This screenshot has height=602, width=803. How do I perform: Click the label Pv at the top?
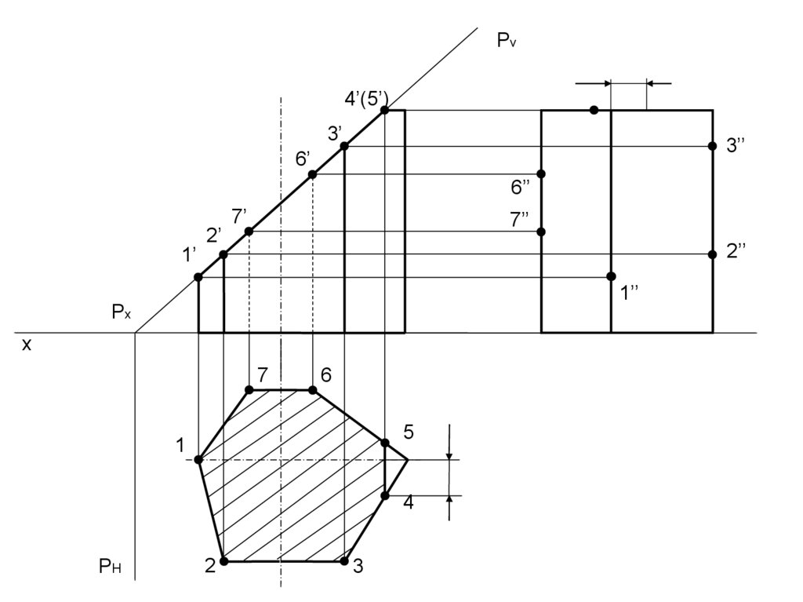(507, 41)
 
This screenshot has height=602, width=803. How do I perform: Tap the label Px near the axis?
(121, 312)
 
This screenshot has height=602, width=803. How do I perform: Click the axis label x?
(26, 344)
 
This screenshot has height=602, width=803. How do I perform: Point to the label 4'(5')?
(366, 97)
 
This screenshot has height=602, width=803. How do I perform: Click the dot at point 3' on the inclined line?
(344, 146)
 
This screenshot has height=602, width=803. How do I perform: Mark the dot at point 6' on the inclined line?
(312, 174)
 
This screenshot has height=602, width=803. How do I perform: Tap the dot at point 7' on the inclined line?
(249, 232)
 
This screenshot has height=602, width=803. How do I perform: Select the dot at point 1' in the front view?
(198, 277)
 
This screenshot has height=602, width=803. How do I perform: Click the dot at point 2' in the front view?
(223, 254)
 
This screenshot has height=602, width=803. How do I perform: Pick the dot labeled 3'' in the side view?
(712, 146)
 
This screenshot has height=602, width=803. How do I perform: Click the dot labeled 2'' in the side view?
(712, 254)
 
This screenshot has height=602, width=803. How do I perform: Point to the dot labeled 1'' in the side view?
(611, 276)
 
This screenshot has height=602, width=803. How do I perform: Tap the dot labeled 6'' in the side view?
(541, 173)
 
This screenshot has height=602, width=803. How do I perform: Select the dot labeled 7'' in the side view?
(541, 232)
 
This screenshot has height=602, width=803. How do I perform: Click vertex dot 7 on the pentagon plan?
(249, 390)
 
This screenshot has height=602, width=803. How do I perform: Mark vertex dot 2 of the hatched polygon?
(223, 561)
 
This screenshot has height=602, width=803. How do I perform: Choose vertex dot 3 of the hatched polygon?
(344, 561)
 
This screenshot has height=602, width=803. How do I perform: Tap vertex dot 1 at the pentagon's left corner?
(198, 459)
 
